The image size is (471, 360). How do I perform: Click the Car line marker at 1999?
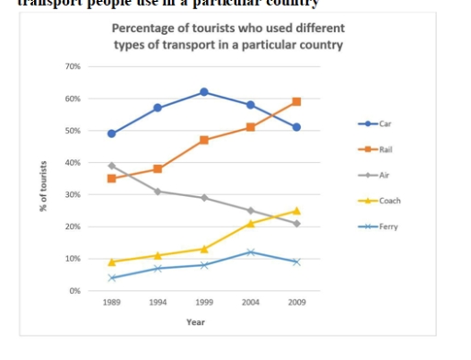pyautogui.click(x=204, y=92)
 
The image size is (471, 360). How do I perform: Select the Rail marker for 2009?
pyautogui.click(x=296, y=101)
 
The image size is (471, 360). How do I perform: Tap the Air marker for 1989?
pyautogui.click(x=111, y=166)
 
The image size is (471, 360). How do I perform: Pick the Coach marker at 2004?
pyautogui.click(x=250, y=223)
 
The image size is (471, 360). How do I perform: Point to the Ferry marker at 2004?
pyautogui.click(x=250, y=252)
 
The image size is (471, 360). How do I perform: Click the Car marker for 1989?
pyautogui.click(x=111, y=134)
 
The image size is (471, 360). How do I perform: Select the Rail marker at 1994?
pyautogui.click(x=157, y=169)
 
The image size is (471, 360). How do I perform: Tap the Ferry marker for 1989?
pyautogui.click(x=111, y=277)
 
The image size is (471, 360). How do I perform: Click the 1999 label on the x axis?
pyautogui.click(x=204, y=302)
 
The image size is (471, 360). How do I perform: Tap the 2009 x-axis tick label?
pyautogui.click(x=296, y=302)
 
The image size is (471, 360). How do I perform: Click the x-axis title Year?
pyautogui.click(x=195, y=322)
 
